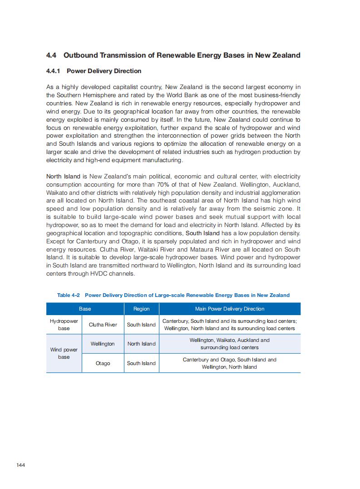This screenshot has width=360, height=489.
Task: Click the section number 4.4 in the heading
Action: point(51,55)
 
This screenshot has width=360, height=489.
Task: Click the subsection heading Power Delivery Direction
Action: point(104,71)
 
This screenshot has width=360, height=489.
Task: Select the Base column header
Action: point(85,309)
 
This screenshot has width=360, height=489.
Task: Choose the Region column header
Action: point(141,309)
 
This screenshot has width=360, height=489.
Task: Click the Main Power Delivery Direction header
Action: point(229,309)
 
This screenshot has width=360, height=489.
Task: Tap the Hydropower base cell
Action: point(64,325)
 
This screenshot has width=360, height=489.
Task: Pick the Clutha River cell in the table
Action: point(103,325)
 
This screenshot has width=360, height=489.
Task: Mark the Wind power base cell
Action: point(64,353)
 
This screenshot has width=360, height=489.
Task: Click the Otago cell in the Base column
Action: point(103,363)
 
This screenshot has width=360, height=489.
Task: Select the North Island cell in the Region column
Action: point(141,344)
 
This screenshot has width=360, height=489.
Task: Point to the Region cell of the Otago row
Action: point(141,363)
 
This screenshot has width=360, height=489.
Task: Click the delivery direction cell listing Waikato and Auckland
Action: point(229,344)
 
